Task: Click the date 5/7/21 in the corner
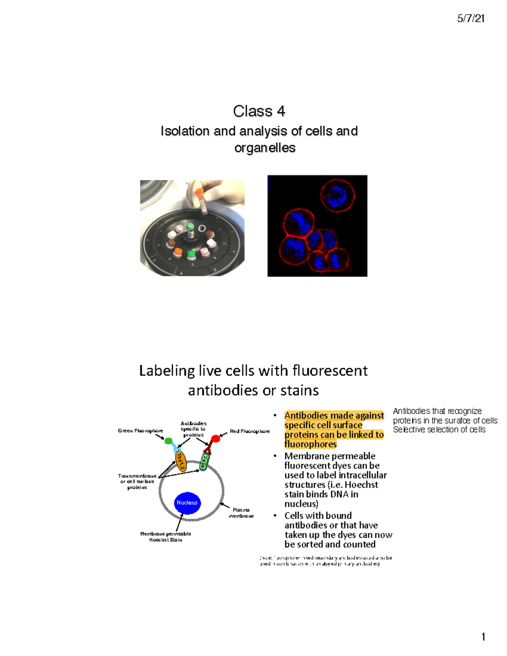point(471,19)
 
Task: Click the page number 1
point(483,637)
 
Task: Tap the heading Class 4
point(259,111)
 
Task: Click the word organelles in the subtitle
point(265,148)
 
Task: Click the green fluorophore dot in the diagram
point(168,441)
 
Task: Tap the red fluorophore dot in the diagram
point(215,439)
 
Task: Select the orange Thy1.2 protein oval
point(181,460)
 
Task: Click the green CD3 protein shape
point(204,462)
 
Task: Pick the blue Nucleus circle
point(187,503)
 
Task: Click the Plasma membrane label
point(241,513)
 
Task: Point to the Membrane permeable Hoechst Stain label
point(166,537)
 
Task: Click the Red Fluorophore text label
point(250,431)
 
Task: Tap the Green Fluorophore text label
point(140,431)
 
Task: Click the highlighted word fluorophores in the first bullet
point(311,444)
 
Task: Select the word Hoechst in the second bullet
point(361,485)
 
